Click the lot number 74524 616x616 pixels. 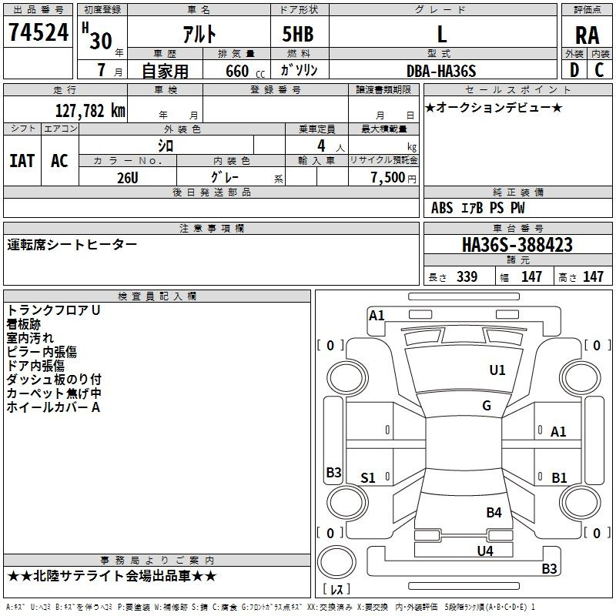pyautogui.click(x=38, y=32)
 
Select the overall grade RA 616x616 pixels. pyautogui.click(x=587, y=35)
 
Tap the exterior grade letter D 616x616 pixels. pyautogui.click(x=574, y=70)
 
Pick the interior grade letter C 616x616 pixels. pyautogui.click(x=599, y=70)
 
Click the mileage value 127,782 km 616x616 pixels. pyautogui.click(x=90, y=111)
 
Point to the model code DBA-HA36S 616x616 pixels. pyautogui.click(x=441, y=71)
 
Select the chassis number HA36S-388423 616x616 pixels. pyautogui.click(x=517, y=245)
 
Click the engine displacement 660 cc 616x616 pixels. pyautogui.click(x=246, y=72)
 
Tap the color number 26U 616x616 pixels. pyautogui.click(x=128, y=178)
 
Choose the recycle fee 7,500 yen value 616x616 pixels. pyautogui.click(x=393, y=177)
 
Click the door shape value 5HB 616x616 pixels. pyautogui.click(x=298, y=34)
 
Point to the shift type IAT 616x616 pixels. pyautogui.click(x=22, y=161)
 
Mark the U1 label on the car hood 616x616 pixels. pyautogui.click(x=497, y=370)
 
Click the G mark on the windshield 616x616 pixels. pyautogui.click(x=487, y=405)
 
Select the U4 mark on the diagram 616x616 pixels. pyautogui.click(x=485, y=551)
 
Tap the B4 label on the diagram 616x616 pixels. pyautogui.click(x=494, y=512)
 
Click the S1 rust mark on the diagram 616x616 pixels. pyautogui.click(x=368, y=477)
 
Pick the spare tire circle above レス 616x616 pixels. pyautogui.click(x=336, y=562)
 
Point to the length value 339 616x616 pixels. pyautogui.click(x=467, y=276)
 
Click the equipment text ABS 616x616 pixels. pyautogui.click(x=442, y=208)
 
